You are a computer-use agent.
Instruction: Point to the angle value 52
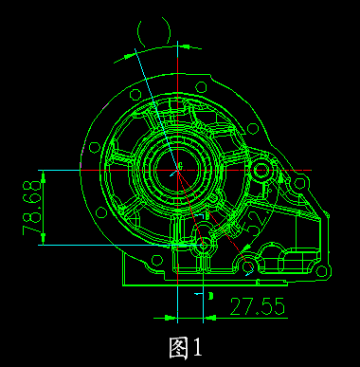(x=252, y=222)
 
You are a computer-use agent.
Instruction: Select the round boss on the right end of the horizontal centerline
(x=261, y=174)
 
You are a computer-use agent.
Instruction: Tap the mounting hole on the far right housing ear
(x=301, y=182)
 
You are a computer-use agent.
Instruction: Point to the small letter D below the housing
(x=210, y=296)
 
